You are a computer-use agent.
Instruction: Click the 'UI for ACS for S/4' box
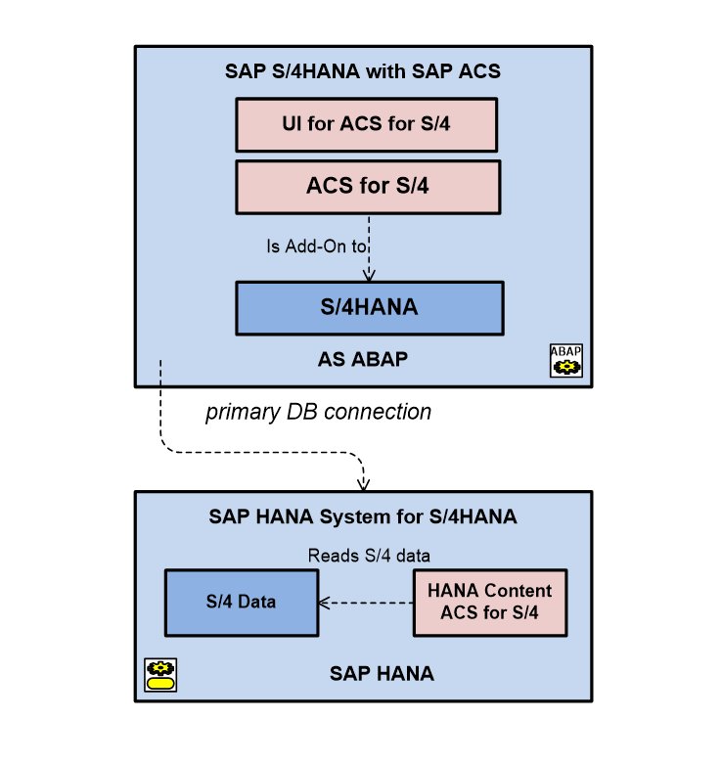(368, 124)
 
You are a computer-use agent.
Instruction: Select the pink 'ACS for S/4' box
(368, 186)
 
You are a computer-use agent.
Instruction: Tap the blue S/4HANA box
(369, 307)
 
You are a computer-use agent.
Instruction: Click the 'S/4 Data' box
(241, 602)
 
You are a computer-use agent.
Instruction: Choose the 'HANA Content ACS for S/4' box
(490, 602)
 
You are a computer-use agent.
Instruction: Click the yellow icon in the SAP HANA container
(159, 675)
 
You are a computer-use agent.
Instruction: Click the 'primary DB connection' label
(318, 412)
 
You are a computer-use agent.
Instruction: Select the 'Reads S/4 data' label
(370, 555)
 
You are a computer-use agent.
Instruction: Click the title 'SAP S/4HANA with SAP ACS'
(369, 72)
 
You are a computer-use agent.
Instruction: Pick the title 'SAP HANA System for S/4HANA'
(363, 516)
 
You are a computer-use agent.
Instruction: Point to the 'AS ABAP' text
(369, 359)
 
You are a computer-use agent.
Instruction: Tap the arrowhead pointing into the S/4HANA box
(370, 276)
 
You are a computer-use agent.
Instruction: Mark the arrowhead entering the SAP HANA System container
(363, 484)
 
